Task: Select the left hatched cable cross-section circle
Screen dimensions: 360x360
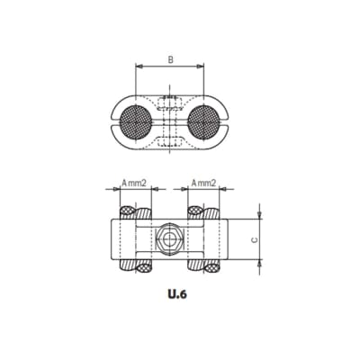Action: pyautogui.click(x=135, y=119)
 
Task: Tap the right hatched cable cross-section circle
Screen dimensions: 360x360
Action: pyautogui.click(x=204, y=119)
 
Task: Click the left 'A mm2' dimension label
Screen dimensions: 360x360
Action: pyautogui.click(x=133, y=183)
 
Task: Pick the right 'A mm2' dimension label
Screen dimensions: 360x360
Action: pyautogui.click(x=204, y=183)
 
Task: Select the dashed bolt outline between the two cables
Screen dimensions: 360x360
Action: pyautogui.click(x=169, y=119)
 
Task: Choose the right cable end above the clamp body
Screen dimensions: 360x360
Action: pyautogui.click(x=196, y=212)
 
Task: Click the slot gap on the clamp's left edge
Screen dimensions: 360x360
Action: pyautogui.click(x=114, y=119)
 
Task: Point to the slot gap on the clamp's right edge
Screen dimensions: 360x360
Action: pyautogui.click(x=225, y=119)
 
